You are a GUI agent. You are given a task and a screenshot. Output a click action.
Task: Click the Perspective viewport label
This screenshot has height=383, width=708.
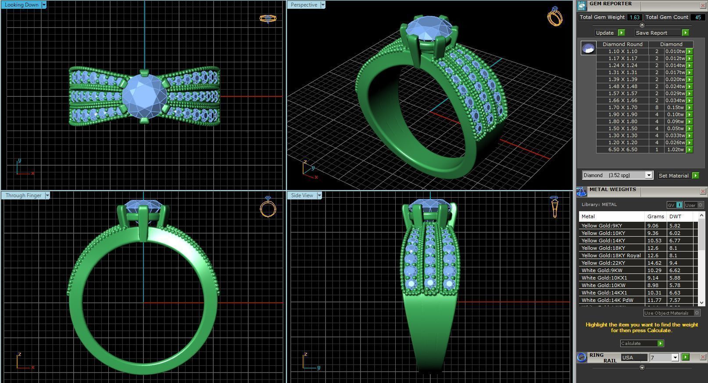pyautogui.click(x=304, y=5)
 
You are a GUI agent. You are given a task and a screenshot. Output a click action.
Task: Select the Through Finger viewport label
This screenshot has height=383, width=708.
pyautogui.click(x=23, y=195)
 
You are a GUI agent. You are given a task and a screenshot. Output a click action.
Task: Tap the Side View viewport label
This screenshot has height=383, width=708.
pyautogui.click(x=302, y=195)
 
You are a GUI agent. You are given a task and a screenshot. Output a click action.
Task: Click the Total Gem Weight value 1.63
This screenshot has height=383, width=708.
pyautogui.click(x=634, y=17)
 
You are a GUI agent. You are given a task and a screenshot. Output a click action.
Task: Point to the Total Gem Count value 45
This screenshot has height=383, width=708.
pyautogui.click(x=697, y=17)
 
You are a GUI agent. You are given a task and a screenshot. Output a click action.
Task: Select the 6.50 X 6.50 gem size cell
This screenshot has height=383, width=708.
pyautogui.click(x=622, y=149)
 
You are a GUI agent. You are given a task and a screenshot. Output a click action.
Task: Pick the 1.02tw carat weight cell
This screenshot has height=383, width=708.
pyautogui.click(x=675, y=149)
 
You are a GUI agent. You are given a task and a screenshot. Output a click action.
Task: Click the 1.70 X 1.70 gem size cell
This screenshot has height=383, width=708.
pyautogui.click(x=622, y=107)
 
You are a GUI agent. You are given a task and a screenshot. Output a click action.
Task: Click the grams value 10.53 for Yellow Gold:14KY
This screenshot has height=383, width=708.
pyautogui.click(x=654, y=241)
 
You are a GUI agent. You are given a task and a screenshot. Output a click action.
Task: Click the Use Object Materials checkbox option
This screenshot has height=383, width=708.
pyautogui.click(x=696, y=313)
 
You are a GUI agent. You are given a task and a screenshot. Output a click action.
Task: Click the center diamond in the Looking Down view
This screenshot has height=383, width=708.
pyautogui.click(x=144, y=96)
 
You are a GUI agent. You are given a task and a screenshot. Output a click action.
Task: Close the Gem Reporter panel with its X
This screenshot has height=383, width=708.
pyautogui.click(x=703, y=5)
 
